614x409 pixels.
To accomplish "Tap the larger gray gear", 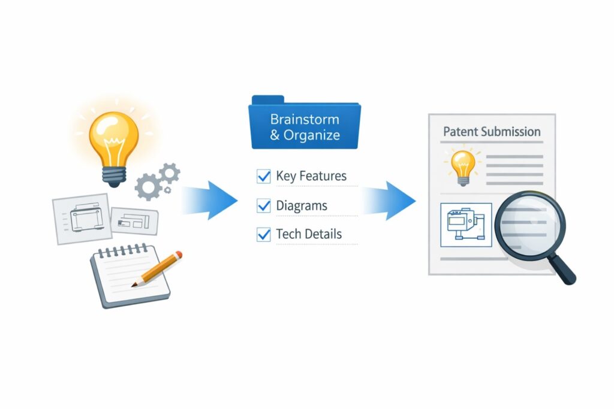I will coord(148,186).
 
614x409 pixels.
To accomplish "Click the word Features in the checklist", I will coord(323,177).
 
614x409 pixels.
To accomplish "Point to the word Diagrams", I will coord(302,206).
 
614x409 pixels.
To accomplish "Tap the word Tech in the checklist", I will coord(288,234).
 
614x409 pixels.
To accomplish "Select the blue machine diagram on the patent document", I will coord(466,225).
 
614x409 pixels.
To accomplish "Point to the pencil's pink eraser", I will coord(177,255).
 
